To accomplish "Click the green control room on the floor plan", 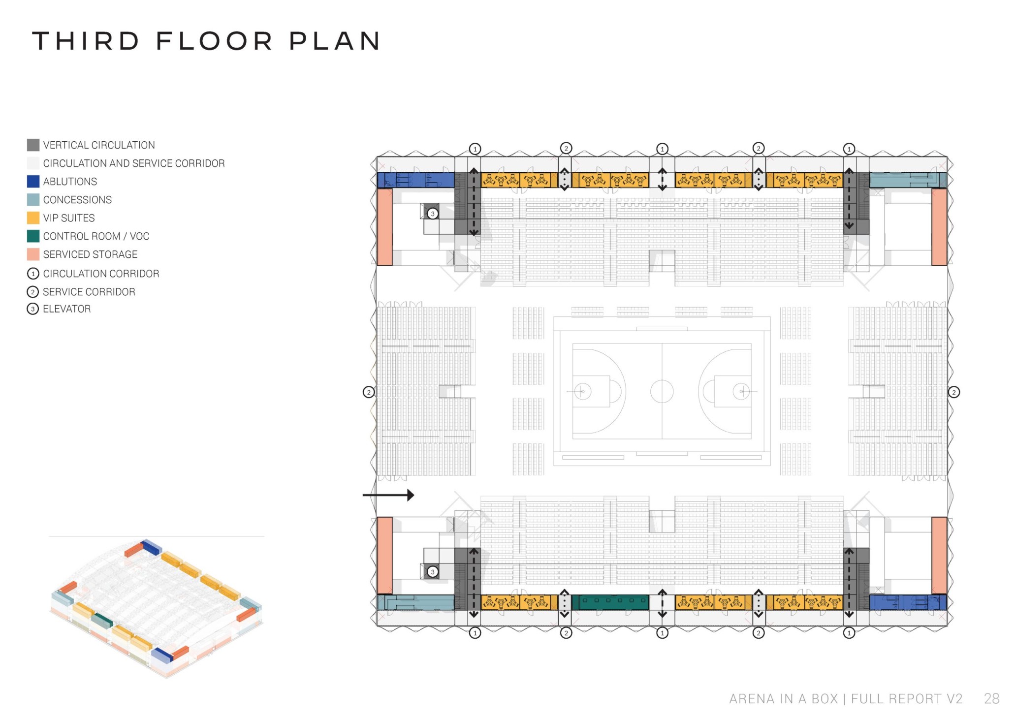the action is [613, 601].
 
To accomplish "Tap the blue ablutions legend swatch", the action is [33, 181].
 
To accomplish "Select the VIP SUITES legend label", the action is [69, 218].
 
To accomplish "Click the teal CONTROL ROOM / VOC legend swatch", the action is [33, 236].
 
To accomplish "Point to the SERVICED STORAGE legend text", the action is [90, 254].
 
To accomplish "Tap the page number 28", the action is [991, 698].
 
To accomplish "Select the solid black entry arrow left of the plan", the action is [388, 495].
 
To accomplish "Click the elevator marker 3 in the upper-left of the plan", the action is [432, 214].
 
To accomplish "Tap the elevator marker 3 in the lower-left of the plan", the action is [432, 571].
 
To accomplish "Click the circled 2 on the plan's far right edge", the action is [954, 392].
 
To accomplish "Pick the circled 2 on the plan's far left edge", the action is [368, 392].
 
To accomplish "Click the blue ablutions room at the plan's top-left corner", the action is [415, 180].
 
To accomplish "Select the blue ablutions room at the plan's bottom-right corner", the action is [908, 602].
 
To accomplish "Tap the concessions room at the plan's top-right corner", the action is [908, 180].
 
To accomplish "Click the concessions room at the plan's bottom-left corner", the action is [415, 602].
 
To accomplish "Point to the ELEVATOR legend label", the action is [66, 309].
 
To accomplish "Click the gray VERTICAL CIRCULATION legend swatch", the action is [33, 145].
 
